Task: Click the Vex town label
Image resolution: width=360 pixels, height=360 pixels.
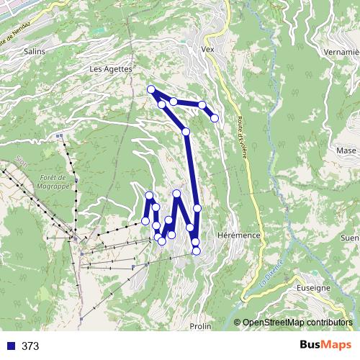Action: (x=210, y=50)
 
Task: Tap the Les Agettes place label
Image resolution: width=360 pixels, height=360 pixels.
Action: (x=110, y=69)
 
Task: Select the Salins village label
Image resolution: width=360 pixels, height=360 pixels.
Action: (x=34, y=52)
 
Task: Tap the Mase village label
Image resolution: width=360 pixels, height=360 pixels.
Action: (x=346, y=150)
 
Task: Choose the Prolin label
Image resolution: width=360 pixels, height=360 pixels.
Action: (x=200, y=326)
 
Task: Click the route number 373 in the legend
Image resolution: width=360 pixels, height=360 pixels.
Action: (x=30, y=346)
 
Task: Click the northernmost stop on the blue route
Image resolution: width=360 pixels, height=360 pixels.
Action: (x=151, y=89)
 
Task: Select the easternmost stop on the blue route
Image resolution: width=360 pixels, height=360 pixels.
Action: (x=215, y=117)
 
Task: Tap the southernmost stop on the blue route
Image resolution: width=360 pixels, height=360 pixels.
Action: (x=196, y=251)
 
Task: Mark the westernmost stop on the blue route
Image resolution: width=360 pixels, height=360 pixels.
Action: (x=145, y=220)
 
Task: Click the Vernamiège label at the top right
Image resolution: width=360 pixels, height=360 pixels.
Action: (x=342, y=52)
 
